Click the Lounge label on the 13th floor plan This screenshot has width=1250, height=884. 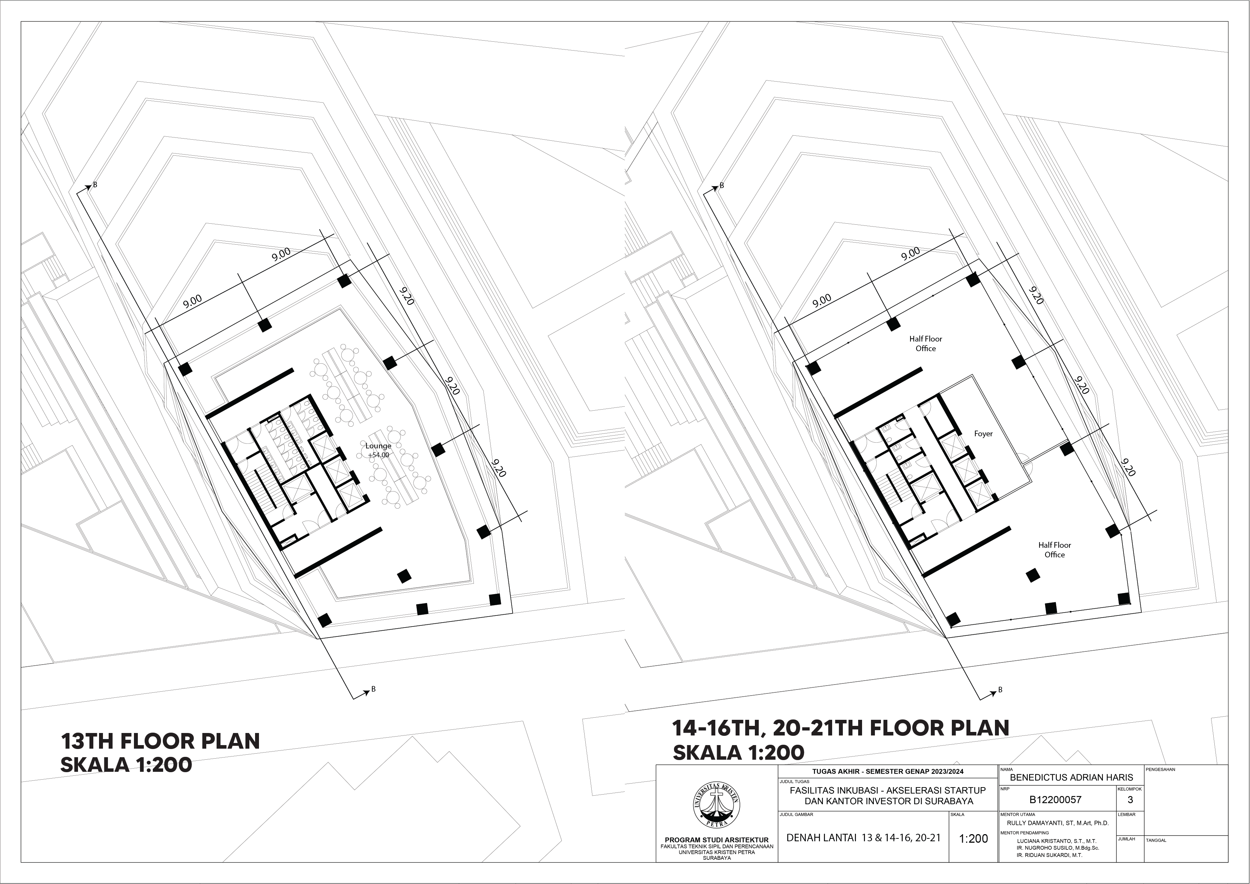(x=378, y=446)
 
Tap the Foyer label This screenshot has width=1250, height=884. (x=983, y=434)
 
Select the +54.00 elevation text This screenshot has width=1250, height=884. (x=378, y=455)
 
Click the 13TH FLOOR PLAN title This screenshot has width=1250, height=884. (x=160, y=742)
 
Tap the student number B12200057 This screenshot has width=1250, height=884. (x=1055, y=800)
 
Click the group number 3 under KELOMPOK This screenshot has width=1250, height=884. (x=1130, y=800)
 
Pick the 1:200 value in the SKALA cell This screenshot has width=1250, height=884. (x=974, y=838)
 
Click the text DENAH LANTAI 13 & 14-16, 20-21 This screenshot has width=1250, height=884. (x=863, y=838)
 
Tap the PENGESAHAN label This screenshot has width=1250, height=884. (x=1160, y=770)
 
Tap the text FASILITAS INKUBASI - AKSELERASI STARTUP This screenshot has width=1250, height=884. (x=887, y=790)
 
